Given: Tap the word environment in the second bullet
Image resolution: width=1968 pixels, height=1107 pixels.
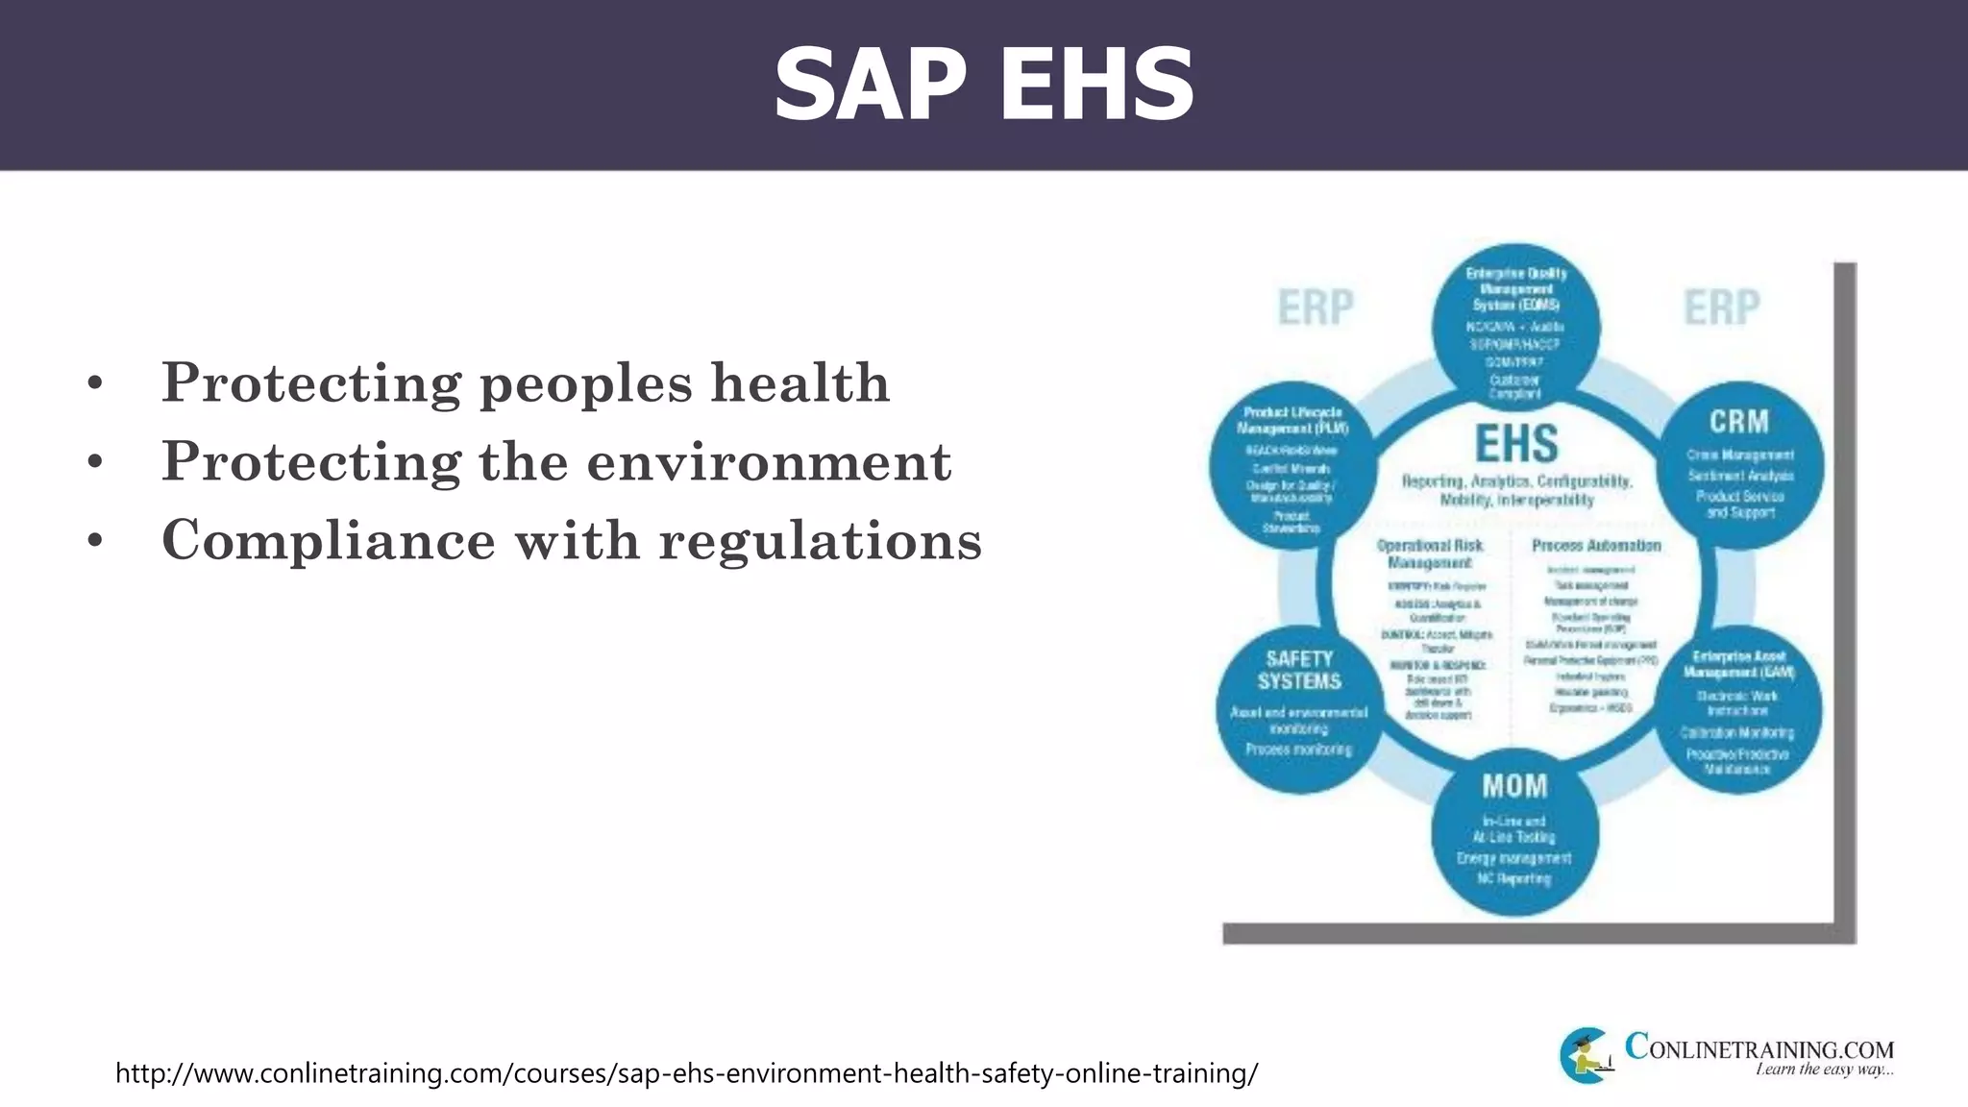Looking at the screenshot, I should [769, 461].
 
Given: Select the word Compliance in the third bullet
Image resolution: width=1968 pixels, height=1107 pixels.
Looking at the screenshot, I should [328, 540].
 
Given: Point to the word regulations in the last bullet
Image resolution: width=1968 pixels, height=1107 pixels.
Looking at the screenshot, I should [820, 540].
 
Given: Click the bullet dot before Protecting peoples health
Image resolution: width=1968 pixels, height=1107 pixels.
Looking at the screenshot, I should [94, 384].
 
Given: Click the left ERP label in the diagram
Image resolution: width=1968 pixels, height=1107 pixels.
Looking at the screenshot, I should [1315, 307].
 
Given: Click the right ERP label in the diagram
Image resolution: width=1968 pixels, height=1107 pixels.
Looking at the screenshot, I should [1722, 307].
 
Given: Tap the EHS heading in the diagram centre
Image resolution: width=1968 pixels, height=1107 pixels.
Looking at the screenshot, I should [1516, 444].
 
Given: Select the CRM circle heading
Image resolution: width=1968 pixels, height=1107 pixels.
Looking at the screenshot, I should [1739, 421].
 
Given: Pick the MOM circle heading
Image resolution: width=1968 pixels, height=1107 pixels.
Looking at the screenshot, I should [1515, 786].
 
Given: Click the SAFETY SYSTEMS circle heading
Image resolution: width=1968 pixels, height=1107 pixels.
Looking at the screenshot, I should [1299, 670].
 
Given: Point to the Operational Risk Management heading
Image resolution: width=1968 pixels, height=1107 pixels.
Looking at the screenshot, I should [1430, 553].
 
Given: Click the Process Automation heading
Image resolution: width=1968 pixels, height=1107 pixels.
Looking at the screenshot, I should [1596, 546].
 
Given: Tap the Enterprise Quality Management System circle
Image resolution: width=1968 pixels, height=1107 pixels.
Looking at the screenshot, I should [1515, 327].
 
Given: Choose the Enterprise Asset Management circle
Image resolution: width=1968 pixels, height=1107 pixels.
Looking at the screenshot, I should [1738, 711].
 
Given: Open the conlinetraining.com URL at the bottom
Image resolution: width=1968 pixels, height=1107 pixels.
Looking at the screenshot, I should [686, 1072].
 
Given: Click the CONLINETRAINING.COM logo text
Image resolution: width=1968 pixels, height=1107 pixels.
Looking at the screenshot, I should [1759, 1048].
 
